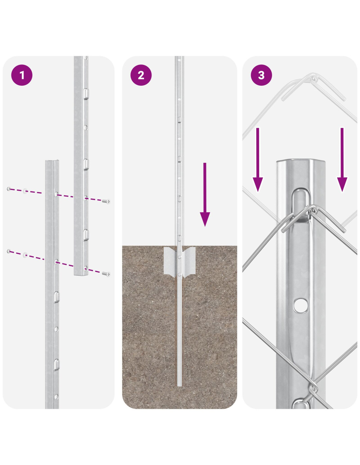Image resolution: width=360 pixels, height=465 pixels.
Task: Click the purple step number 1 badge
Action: (22, 75)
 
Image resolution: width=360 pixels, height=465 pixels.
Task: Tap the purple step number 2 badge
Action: (141, 75)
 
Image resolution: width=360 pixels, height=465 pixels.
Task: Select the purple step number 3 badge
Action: (261, 75)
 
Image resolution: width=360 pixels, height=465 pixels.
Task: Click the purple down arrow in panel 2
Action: (205, 194)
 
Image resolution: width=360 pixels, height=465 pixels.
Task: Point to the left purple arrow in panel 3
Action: (258, 160)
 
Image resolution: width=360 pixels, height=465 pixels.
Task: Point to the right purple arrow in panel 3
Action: (342, 160)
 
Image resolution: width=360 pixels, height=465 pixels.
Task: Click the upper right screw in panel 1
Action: (106, 201)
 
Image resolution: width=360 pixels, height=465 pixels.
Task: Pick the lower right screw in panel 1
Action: (106, 274)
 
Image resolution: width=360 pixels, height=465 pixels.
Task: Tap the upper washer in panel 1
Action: (25, 191)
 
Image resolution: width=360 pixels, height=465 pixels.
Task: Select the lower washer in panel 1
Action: (25, 254)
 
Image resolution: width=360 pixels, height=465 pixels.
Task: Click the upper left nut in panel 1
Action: (9, 189)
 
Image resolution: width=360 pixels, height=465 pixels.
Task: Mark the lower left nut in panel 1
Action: (9, 251)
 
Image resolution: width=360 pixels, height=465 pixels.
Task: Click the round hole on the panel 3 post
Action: (300, 305)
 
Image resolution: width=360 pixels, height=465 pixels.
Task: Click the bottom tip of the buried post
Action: (179, 386)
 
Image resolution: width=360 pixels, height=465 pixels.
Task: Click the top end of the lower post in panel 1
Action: (52, 161)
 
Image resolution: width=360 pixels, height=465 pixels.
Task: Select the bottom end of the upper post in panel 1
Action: (81, 275)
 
